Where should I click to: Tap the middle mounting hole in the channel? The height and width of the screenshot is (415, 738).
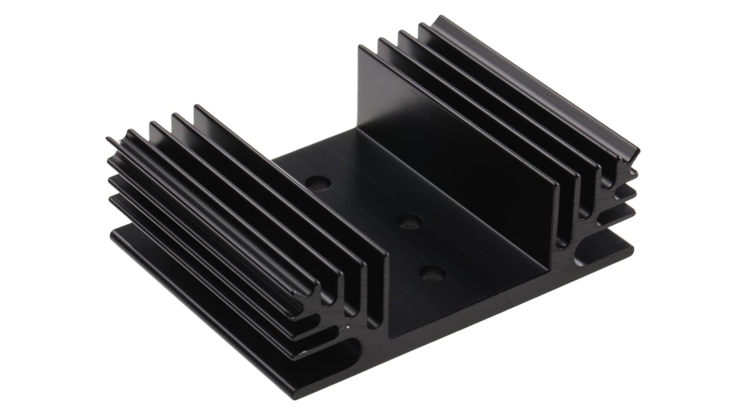tap(409, 222)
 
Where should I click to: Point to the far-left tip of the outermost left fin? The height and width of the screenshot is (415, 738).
tap(109, 139)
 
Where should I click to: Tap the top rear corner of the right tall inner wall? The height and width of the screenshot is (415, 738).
tap(360, 47)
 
